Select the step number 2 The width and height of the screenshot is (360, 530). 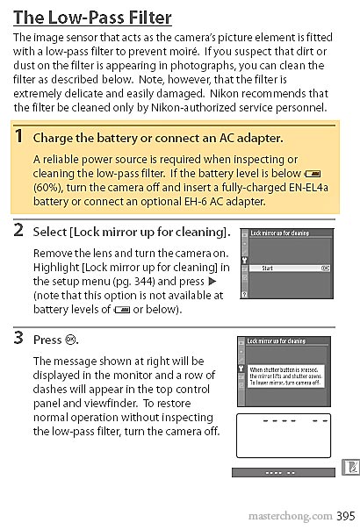click(x=18, y=231)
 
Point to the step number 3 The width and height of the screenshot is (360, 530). click(x=18, y=338)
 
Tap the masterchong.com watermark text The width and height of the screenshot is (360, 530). click(x=289, y=516)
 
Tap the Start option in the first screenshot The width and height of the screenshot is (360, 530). click(x=268, y=266)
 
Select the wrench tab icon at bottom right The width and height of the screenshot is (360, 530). click(x=349, y=468)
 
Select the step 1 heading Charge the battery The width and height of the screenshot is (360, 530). click(x=157, y=138)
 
